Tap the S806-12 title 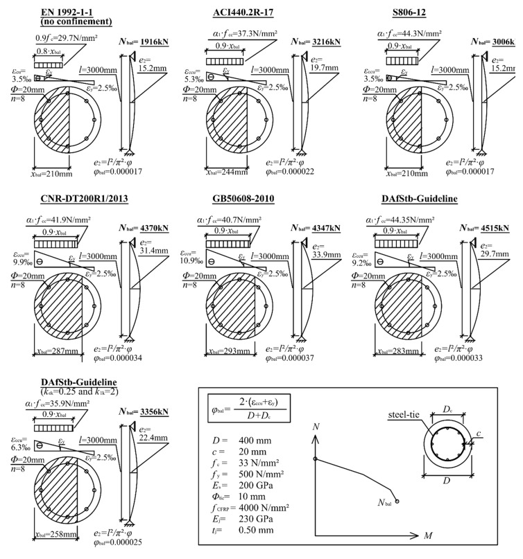pyautogui.click(x=431, y=9)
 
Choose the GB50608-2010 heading pyautogui.click(x=254, y=200)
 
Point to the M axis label pyautogui.click(x=429, y=536)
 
